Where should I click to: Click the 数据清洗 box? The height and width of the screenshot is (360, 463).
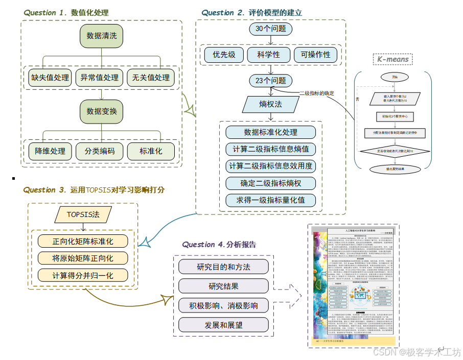[x=102, y=36]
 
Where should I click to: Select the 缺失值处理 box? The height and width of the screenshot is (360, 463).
[x=50, y=78]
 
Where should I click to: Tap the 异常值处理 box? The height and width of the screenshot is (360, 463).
[x=100, y=78]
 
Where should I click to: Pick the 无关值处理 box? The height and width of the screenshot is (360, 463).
[x=151, y=78]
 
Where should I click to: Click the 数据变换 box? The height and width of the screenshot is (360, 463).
[x=102, y=111]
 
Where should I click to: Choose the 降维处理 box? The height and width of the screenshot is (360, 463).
[x=50, y=151]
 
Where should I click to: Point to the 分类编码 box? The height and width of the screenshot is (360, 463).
[x=100, y=151]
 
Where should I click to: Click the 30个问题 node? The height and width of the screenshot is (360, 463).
[x=271, y=29]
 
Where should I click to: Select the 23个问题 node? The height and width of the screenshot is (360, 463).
[x=271, y=81]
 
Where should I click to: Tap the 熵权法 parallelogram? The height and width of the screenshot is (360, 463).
[x=271, y=105]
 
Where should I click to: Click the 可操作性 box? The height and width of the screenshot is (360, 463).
[x=315, y=55]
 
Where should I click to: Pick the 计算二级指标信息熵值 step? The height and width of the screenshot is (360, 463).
[x=271, y=150]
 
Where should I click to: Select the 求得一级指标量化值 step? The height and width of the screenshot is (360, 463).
[x=271, y=200]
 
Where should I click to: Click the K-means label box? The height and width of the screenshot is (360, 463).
[x=393, y=59]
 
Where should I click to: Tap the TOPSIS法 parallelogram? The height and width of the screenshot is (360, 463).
[x=83, y=214]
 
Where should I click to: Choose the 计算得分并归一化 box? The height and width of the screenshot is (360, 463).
[x=83, y=275]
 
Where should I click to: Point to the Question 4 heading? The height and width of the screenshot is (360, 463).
[x=219, y=245]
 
